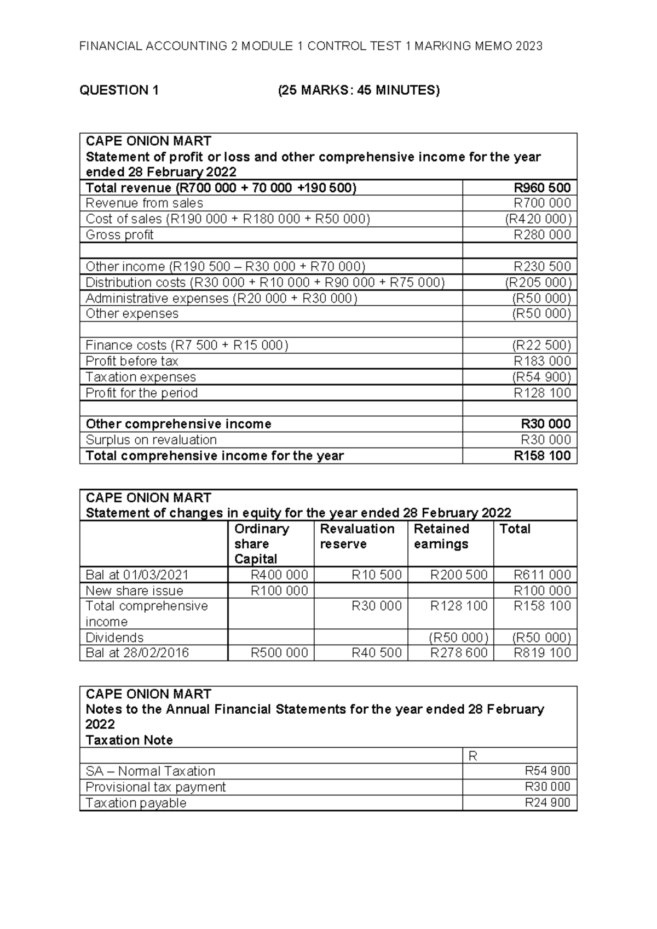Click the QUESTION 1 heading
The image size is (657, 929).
[x=119, y=90]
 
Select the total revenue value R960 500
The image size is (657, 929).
[x=541, y=188]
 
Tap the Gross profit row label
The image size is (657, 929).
[x=119, y=235]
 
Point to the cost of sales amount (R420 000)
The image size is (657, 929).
[x=538, y=219]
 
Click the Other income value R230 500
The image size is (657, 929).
[x=541, y=267]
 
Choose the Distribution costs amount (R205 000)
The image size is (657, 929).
[x=538, y=283]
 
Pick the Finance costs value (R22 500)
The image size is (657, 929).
[x=541, y=346]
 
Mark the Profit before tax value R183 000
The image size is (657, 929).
[x=541, y=362]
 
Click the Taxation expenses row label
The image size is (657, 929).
[x=141, y=377]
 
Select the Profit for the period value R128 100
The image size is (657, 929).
[x=541, y=393]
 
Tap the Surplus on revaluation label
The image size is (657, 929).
[x=151, y=440]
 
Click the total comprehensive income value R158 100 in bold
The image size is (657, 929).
[x=541, y=456]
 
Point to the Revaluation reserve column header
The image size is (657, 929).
[x=357, y=537]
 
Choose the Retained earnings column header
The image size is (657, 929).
[x=441, y=537]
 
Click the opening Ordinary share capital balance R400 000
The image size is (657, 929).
[x=279, y=575]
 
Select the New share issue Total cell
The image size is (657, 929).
[x=541, y=591]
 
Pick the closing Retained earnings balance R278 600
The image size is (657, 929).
[x=458, y=653]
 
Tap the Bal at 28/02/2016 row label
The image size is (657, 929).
[x=137, y=653]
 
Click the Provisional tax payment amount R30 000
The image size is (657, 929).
[x=547, y=787]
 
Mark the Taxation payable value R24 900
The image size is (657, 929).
[x=547, y=803]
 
